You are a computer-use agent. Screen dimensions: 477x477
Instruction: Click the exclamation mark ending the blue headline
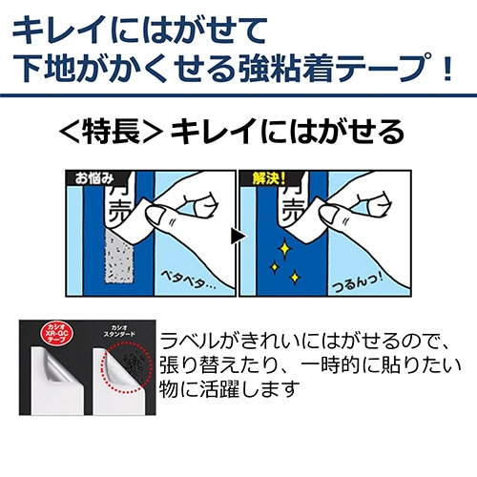click(x=445, y=70)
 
